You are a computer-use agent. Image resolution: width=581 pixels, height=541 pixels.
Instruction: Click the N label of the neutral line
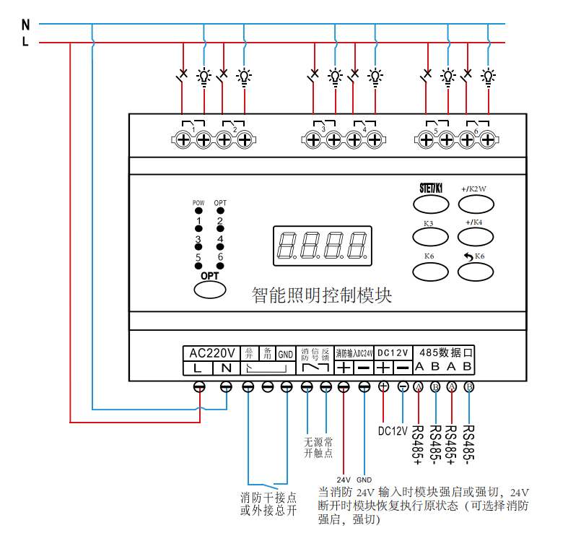pos(25,23)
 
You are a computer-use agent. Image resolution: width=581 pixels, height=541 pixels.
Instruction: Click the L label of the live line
pos(25,43)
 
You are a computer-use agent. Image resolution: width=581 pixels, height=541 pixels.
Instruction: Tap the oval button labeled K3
pos(429,236)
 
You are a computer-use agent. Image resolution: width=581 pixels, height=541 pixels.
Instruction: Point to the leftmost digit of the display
pos(286,245)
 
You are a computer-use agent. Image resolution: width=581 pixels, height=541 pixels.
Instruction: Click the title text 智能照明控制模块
pos(321,295)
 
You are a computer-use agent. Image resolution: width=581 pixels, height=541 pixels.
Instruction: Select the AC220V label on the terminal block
pos(211,352)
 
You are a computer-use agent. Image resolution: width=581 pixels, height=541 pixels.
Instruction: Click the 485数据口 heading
pos(445,352)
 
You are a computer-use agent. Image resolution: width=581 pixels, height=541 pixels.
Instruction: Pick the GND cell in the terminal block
pos(286,353)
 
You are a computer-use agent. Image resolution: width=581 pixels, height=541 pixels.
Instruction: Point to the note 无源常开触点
pos(318,447)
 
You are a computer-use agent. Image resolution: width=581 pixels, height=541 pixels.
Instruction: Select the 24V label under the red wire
pos(344,479)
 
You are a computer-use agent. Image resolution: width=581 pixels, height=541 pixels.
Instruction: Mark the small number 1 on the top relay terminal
pos(193,129)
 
